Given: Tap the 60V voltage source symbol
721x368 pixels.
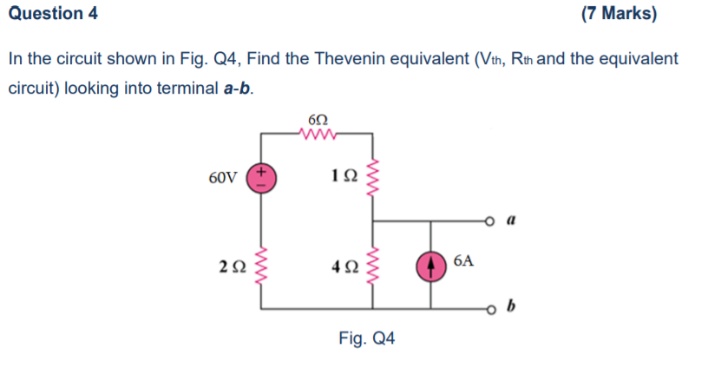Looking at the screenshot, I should pos(261,176).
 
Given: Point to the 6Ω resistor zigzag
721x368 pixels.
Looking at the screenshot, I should pos(318,135).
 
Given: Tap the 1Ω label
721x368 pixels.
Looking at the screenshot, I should pos(343,178).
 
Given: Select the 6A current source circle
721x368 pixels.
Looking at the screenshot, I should pos(431,266).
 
